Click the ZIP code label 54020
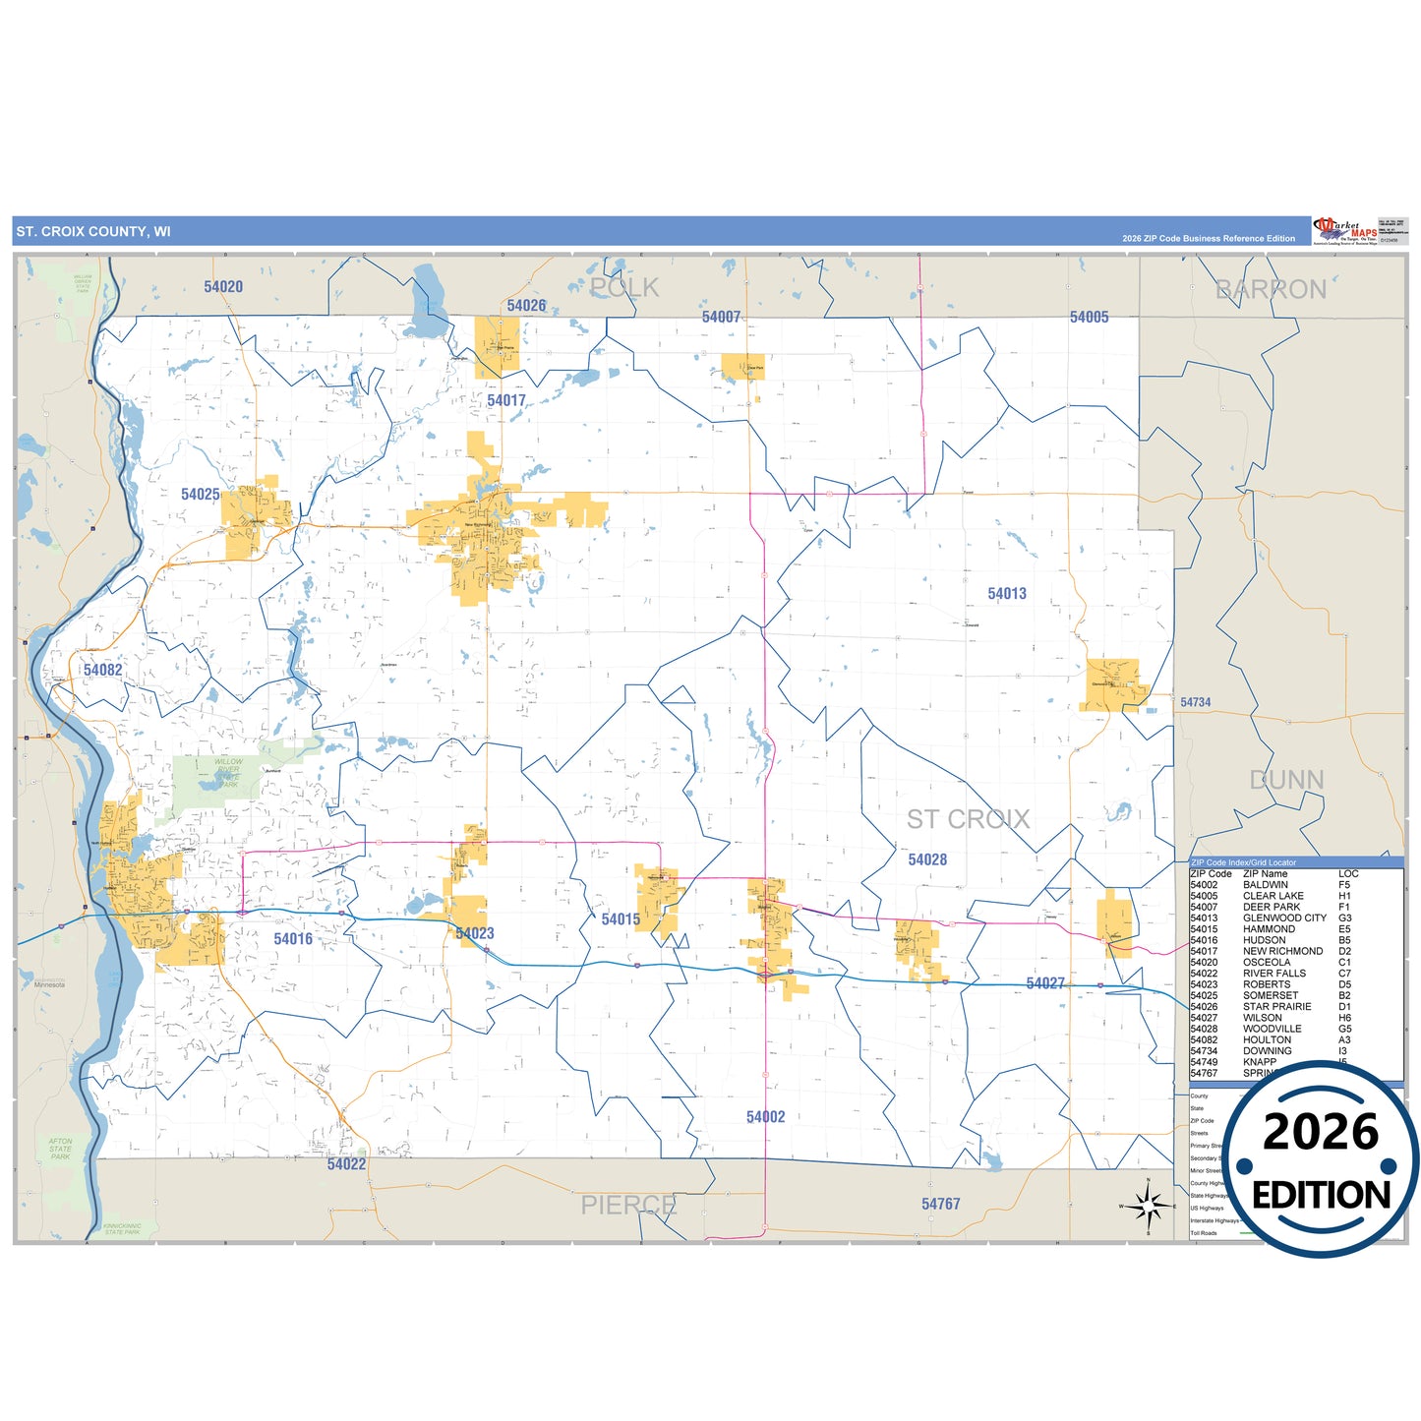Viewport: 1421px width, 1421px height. pyautogui.click(x=223, y=287)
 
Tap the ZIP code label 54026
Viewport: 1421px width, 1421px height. pyautogui.click(x=526, y=306)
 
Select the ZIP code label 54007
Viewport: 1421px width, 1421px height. pyautogui.click(x=721, y=317)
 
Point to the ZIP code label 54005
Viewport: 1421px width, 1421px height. pyautogui.click(x=1089, y=317)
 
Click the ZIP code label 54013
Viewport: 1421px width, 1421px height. pyautogui.click(x=1007, y=594)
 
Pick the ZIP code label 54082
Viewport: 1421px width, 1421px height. pyautogui.click(x=102, y=671)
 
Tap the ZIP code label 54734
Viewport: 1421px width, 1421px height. pyautogui.click(x=1195, y=702)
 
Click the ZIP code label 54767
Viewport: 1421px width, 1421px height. pyautogui.click(x=940, y=1204)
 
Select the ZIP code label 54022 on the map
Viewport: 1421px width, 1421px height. pyautogui.click(x=346, y=1164)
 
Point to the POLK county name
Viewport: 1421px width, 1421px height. pyautogui.click(x=624, y=287)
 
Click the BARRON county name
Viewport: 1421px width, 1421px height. pyautogui.click(x=1271, y=289)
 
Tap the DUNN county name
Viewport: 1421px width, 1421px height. pyautogui.click(x=1286, y=780)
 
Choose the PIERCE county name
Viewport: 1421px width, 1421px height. pyautogui.click(x=628, y=1205)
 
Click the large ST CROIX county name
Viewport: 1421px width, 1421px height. pyautogui.click(x=968, y=819)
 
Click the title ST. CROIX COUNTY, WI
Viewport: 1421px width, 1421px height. pyautogui.click(x=93, y=232)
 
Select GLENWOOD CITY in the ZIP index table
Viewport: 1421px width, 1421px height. pyautogui.click(x=1284, y=918)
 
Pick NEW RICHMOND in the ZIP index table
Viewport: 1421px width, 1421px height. pyautogui.click(x=1282, y=951)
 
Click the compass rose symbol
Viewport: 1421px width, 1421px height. pyautogui.click(x=1148, y=1205)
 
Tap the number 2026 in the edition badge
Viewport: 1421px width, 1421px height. pyautogui.click(x=1320, y=1133)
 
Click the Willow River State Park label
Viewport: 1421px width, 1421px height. pyautogui.click(x=228, y=773)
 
